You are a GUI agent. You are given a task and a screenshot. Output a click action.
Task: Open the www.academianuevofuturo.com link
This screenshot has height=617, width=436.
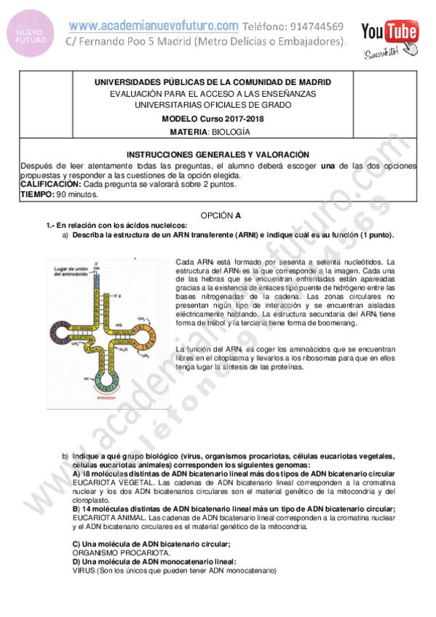click(154, 25)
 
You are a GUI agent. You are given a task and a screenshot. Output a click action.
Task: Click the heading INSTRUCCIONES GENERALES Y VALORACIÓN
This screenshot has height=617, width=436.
click(218, 155)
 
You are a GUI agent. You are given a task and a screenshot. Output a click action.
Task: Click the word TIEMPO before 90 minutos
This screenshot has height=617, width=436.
click(36, 195)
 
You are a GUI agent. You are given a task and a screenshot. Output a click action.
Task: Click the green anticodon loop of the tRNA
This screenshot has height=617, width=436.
click(107, 378)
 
